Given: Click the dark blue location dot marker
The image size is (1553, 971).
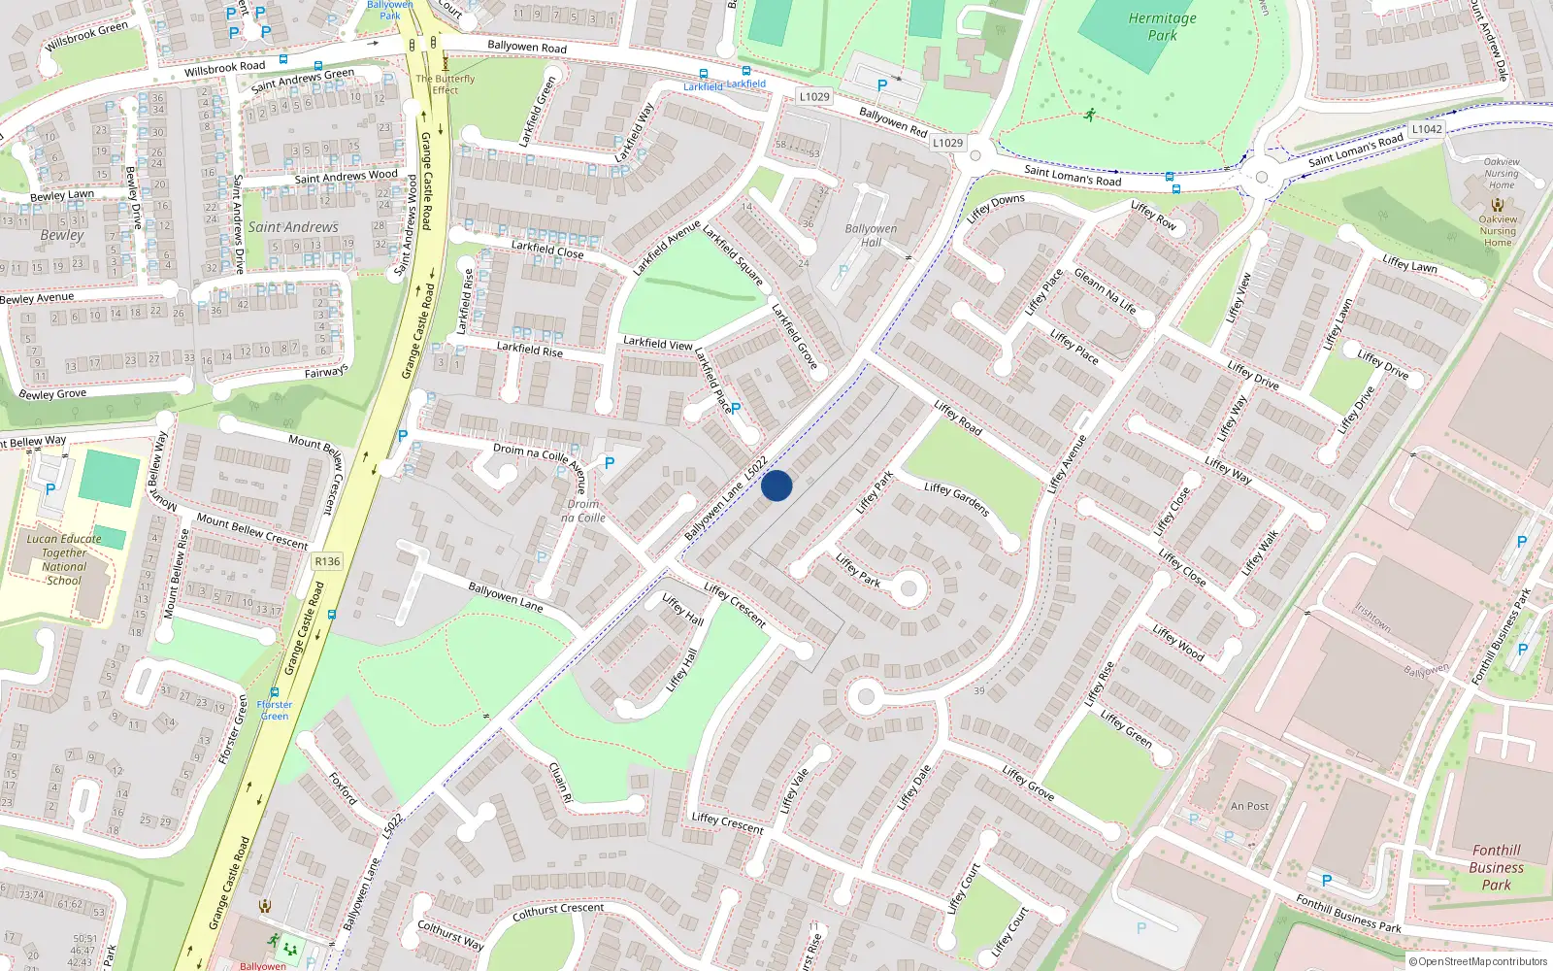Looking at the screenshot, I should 776,485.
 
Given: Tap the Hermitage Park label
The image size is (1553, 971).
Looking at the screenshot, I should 1162,26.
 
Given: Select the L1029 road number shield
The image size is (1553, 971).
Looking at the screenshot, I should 814,96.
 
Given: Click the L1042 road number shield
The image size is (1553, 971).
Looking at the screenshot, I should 1426,129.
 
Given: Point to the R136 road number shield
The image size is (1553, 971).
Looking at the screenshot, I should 327,561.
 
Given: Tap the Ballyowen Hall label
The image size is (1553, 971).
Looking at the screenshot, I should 871,236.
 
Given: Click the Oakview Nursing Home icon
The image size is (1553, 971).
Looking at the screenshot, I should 1498,205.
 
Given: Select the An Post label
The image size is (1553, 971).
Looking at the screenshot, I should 1249,806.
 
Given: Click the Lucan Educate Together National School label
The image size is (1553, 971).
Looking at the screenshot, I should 64,559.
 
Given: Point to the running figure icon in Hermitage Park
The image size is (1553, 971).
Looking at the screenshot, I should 1089,115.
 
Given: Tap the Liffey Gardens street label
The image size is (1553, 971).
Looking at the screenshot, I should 956,499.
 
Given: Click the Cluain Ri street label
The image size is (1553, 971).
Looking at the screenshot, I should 561,782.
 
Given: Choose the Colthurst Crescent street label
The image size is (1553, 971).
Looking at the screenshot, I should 557,912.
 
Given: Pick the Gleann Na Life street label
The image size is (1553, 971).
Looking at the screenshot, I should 1105,291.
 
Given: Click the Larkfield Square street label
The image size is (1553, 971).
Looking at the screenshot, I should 733,255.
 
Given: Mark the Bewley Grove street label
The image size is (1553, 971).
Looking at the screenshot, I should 52,394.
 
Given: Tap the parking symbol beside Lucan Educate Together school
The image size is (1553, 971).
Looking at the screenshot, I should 50,489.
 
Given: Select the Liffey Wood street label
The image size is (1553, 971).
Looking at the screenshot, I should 1178,643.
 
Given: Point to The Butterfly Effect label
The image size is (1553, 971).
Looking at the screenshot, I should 446,84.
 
